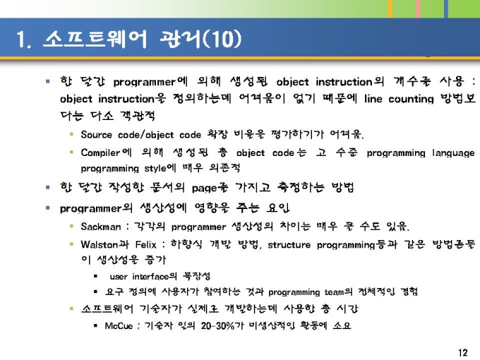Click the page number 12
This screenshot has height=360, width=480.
[x=463, y=352]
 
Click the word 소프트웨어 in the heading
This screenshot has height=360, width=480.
[x=95, y=40]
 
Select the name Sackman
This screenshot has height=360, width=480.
[x=101, y=227]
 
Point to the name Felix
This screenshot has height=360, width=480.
[x=145, y=245]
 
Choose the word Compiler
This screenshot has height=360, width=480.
[x=100, y=152]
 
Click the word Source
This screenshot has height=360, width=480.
[x=97, y=134]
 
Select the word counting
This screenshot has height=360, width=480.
[x=411, y=100]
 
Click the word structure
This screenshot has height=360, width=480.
[x=289, y=245]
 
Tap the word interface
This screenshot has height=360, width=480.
[x=150, y=277]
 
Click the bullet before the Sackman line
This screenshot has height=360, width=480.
[x=71, y=226]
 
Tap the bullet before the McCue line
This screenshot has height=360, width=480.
[x=96, y=325]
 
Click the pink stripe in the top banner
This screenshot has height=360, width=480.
[x=418, y=8]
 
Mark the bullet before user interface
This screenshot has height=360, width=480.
[x=96, y=277]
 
